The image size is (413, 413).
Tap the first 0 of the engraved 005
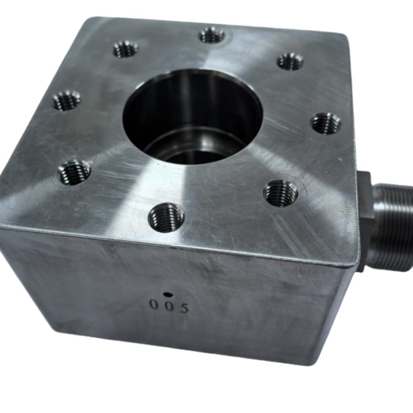(x=154, y=305)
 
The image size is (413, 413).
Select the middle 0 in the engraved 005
(x=169, y=306)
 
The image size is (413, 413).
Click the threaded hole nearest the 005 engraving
(x=166, y=217)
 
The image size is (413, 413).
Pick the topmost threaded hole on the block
(x=212, y=35)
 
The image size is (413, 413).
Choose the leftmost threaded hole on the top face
(x=67, y=100)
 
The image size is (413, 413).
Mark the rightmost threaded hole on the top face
(x=325, y=123)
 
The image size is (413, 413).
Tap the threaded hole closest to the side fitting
(x=281, y=193)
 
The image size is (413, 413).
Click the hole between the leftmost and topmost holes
(x=125, y=49)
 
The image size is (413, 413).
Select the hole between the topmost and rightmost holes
(x=290, y=61)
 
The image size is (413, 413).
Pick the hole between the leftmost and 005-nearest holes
(x=74, y=172)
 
